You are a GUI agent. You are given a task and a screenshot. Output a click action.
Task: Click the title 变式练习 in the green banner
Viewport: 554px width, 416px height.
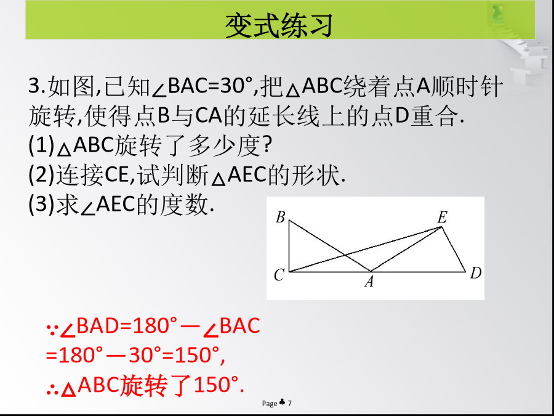[x=279, y=26]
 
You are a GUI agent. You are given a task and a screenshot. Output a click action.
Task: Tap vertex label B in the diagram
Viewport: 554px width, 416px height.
[x=280, y=217]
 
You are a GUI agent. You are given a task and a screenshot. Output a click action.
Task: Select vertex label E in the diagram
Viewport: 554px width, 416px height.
[x=443, y=218]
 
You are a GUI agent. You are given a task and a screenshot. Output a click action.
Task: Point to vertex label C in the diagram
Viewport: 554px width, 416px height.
[x=279, y=274]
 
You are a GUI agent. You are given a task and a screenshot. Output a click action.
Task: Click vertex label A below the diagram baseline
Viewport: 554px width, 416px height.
[x=369, y=282]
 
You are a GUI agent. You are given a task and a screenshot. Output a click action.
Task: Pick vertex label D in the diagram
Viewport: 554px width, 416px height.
[x=476, y=273]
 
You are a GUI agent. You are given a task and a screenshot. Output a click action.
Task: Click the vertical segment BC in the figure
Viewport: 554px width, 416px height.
[x=289, y=246]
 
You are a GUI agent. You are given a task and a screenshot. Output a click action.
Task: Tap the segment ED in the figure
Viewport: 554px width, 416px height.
[x=454, y=249]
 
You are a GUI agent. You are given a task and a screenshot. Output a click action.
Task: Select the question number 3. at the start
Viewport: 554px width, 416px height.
[x=37, y=86]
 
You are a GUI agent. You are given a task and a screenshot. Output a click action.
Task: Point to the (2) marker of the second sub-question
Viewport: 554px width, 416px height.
[x=41, y=175]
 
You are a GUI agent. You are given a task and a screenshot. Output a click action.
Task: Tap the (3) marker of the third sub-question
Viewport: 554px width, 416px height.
[x=41, y=205]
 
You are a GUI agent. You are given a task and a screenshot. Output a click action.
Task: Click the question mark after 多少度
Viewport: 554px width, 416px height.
[x=267, y=145]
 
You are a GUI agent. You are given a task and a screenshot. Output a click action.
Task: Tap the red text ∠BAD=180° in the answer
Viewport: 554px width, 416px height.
[x=118, y=326]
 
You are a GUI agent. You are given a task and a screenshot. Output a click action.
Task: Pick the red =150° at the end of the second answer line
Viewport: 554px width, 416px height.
[x=195, y=355]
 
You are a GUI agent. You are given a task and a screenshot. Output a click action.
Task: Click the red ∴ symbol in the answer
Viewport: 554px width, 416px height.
[x=53, y=390]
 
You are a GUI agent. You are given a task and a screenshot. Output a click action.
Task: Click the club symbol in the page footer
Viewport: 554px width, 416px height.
[x=283, y=402]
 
